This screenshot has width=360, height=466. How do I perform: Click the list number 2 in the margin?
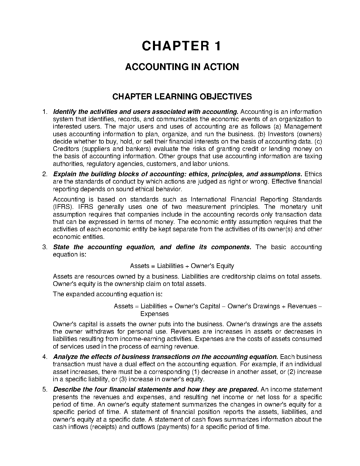click(45, 174)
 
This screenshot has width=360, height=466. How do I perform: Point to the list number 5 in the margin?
click(45, 390)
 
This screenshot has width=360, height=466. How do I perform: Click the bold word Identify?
click(65, 112)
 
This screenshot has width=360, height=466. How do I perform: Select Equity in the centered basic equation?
click(225, 266)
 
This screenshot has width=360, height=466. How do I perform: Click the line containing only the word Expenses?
click(154, 314)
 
